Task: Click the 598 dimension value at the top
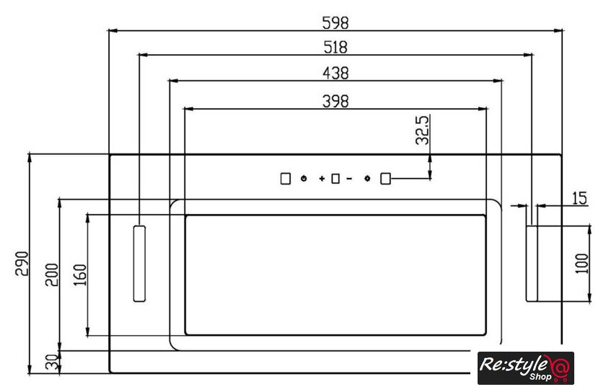(x=335, y=23)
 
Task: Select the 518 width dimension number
(x=335, y=47)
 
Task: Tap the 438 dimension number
(x=335, y=73)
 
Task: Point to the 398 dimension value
(x=335, y=101)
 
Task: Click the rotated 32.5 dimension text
(x=422, y=130)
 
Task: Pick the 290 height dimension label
(x=22, y=264)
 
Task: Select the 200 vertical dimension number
(x=52, y=275)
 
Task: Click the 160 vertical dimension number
(x=79, y=275)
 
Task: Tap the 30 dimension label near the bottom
(x=52, y=362)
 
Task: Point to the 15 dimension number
(x=579, y=198)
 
